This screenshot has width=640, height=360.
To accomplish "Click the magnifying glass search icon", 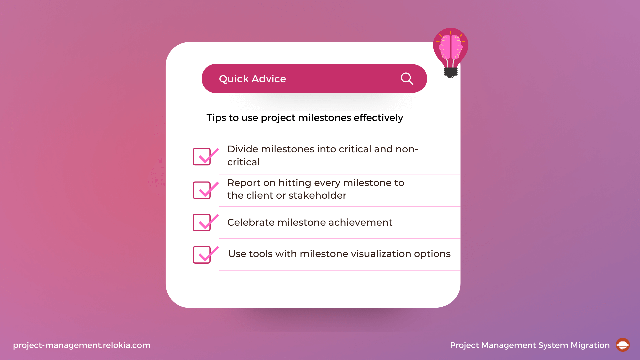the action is click(x=407, y=79).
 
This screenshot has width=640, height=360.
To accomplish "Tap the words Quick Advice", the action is click(x=252, y=79).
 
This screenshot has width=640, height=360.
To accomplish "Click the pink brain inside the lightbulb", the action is click(x=451, y=47).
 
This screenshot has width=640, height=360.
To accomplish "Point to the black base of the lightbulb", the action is click(x=451, y=72).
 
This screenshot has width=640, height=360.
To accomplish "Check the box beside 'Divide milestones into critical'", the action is click(x=202, y=157).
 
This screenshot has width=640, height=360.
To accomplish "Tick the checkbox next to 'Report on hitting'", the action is click(x=202, y=190).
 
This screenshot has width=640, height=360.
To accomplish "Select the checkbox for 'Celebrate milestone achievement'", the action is click(x=202, y=222).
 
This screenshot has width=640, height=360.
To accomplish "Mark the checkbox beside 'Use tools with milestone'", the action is click(x=202, y=255).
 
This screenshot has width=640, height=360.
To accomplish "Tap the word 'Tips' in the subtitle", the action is click(x=216, y=118).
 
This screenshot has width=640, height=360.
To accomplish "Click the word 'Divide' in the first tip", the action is click(x=243, y=149).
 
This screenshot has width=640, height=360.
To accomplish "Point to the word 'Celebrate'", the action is click(x=251, y=222).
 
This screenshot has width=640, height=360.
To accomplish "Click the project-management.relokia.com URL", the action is click(x=82, y=345).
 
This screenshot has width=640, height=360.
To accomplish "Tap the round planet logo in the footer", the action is click(x=623, y=345).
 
